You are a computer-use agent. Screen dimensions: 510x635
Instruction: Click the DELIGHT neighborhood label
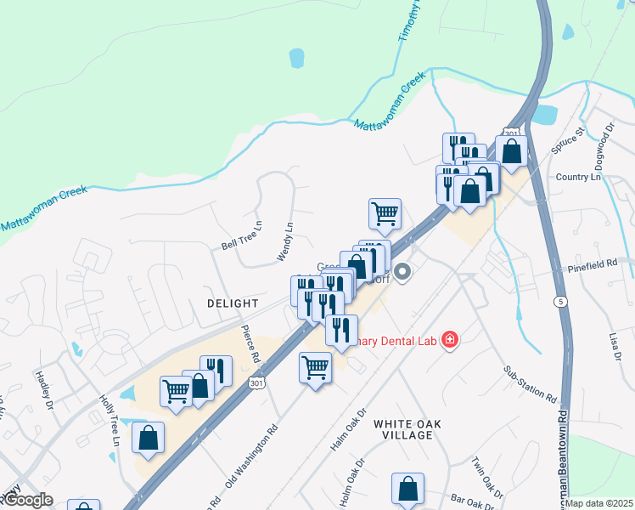pos(233,303)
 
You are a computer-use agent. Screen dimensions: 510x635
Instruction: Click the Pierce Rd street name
pos(249,343)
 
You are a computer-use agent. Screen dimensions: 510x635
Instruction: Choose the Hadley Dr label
pos(44,388)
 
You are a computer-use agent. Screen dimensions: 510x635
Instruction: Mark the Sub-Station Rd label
pos(530,384)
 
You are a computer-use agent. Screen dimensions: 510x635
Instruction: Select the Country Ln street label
pos(577,177)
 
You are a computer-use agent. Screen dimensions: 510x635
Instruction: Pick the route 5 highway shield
pos(559,302)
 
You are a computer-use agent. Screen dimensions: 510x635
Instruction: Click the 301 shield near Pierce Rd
pos(256,384)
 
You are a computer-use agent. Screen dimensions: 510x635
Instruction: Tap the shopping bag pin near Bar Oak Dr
pos(407,490)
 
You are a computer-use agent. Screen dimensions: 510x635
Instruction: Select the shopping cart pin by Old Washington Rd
pos(315,368)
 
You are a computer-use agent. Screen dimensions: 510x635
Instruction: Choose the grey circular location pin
pos(403,272)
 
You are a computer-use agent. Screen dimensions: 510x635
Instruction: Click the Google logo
pos(27,500)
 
